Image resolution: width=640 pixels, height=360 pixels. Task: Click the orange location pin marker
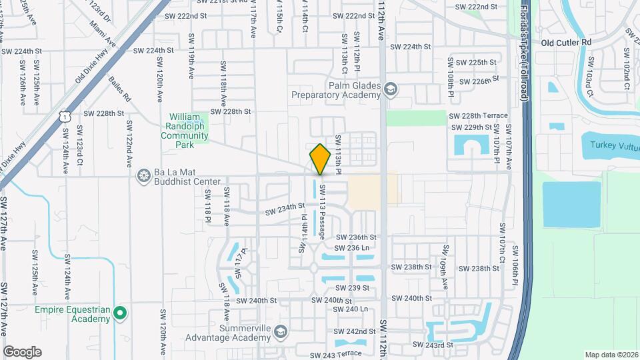pyautogui.click(x=320, y=159)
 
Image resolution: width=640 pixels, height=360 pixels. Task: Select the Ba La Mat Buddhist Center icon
pyautogui.click(x=143, y=176)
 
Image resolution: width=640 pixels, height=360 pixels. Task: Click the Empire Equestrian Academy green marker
pyautogui.click(x=120, y=312)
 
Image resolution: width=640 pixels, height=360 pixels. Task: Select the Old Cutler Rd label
pyautogui.click(x=566, y=42)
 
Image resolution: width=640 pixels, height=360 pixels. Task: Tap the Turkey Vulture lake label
pyautogui.click(x=609, y=145)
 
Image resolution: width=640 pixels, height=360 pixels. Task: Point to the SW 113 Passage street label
pyautogui.click(x=322, y=212)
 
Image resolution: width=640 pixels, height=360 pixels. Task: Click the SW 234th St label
pyautogui.click(x=285, y=210)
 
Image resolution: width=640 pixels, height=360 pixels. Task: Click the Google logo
pyautogui.click(x=22, y=351)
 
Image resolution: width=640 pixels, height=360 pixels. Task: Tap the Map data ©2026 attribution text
pyautogui.click(x=611, y=355)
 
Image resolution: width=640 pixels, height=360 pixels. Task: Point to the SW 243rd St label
pyautogui.click(x=433, y=345)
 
